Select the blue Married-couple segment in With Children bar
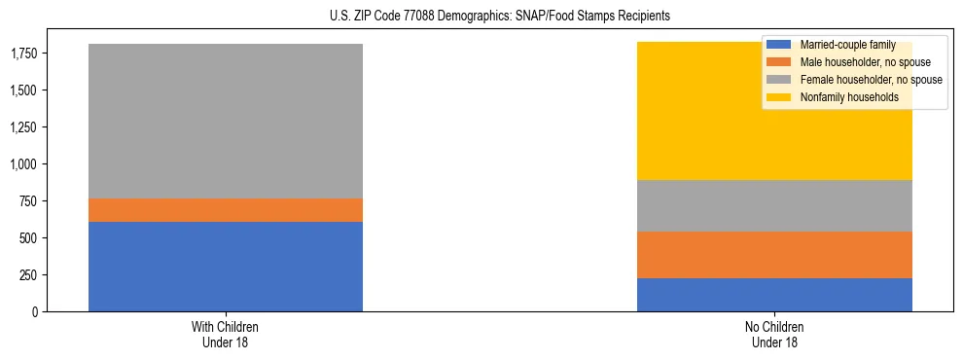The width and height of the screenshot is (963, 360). pyautogui.click(x=226, y=267)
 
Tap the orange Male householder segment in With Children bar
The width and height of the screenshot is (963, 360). pyautogui.click(x=226, y=210)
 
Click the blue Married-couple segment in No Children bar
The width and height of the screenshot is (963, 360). pyautogui.click(x=774, y=295)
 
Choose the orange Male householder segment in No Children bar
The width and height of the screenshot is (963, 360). pyautogui.click(x=774, y=255)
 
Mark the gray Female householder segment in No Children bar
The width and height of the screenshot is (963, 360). pyautogui.click(x=774, y=205)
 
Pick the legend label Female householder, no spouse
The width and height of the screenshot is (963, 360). pyautogui.click(x=870, y=80)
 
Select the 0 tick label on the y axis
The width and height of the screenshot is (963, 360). pyautogui.click(x=35, y=312)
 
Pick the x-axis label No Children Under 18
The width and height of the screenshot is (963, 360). pyautogui.click(x=774, y=335)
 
